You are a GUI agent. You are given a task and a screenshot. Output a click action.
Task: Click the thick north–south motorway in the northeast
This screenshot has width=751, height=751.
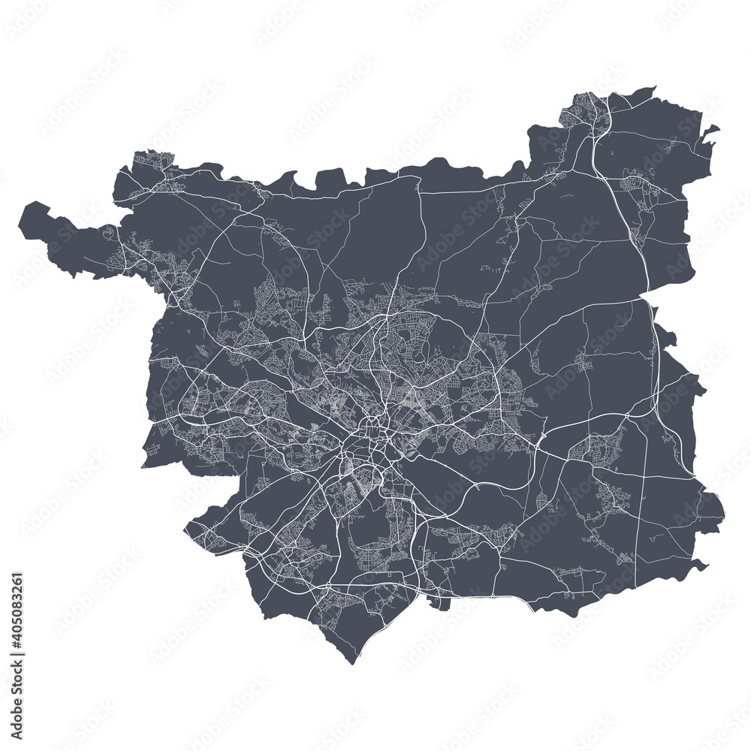(616, 195)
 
